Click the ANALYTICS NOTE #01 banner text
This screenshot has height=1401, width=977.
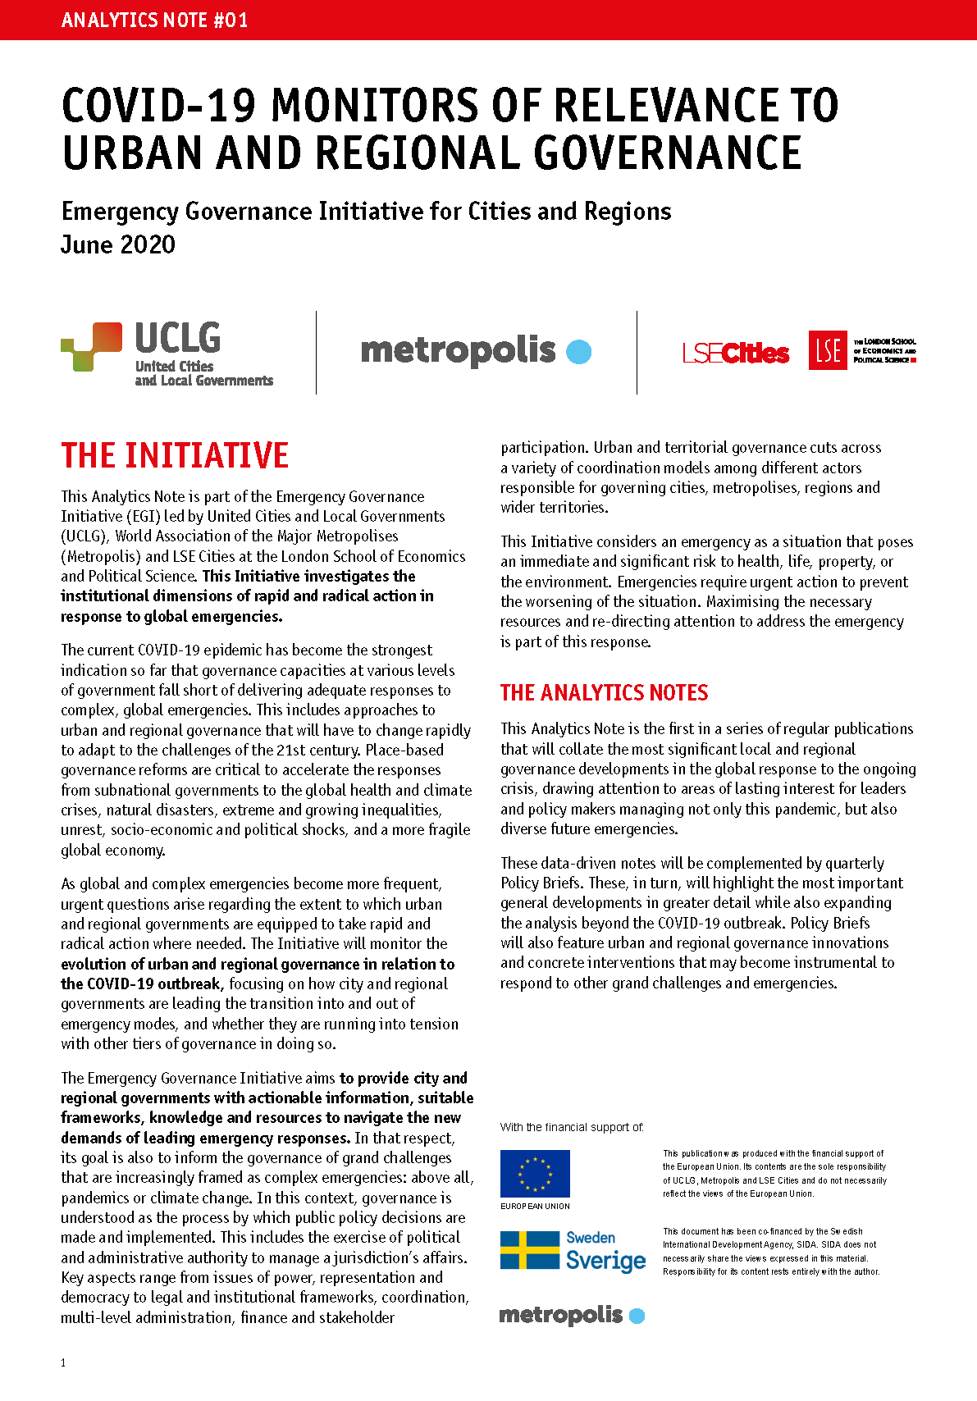pyautogui.click(x=154, y=20)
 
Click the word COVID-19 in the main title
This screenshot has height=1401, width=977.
pyautogui.click(x=159, y=106)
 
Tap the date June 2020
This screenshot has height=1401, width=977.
pyautogui.click(x=118, y=244)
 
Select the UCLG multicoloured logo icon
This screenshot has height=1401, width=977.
pyautogui.click(x=92, y=346)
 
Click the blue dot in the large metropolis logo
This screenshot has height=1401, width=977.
pyautogui.click(x=578, y=352)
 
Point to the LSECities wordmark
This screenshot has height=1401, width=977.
pyautogui.click(x=736, y=354)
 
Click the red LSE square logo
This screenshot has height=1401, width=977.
pyautogui.click(x=828, y=350)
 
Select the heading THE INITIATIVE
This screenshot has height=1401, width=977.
pyautogui.click(x=175, y=455)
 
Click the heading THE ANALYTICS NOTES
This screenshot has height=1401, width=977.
pyautogui.click(x=604, y=693)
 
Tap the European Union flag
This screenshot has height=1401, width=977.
pyautogui.click(x=535, y=1174)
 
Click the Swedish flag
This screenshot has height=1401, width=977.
pyautogui.click(x=530, y=1250)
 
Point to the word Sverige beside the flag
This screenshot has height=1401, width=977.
pyautogui.click(x=605, y=1261)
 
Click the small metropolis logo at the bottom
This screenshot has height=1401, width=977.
pyautogui.click(x=572, y=1315)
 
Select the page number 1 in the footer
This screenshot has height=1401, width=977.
pyautogui.click(x=63, y=1362)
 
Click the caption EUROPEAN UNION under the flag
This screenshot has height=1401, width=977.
pyautogui.click(x=535, y=1207)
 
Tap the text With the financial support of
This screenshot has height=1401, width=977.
pyautogui.click(x=572, y=1128)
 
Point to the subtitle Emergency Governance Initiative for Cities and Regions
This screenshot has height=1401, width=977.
pyautogui.click(x=366, y=212)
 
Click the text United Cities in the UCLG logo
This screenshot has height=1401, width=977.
pyautogui.click(x=174, y=367)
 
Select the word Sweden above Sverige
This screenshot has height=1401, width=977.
pyautogui.click(x=591, y=1238)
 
